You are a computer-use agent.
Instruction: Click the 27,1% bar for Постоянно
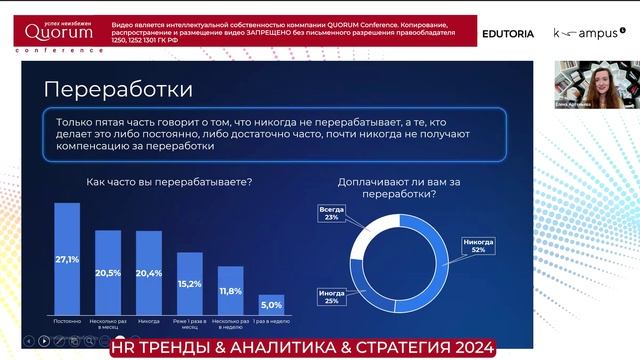click(67, 260)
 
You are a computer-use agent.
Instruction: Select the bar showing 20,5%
click(108, 274)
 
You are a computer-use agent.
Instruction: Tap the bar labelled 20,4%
click(149, 274)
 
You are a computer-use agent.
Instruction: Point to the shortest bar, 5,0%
click(271, 306)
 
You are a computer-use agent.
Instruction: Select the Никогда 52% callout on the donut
click(479, 245)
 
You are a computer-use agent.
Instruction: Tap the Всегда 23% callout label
click(329, 212)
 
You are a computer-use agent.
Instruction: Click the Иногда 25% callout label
click(331, 297)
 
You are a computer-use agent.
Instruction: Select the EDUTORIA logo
click(508, 33)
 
